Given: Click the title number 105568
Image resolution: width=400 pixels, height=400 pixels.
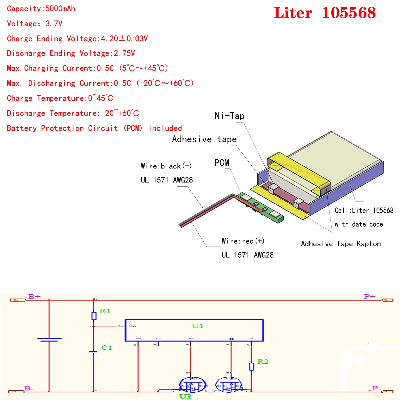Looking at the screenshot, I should pyautogui.click(x=349, y=13).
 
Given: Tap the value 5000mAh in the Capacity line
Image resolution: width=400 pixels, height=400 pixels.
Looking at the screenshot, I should pyautogui.click(x=60, y=9).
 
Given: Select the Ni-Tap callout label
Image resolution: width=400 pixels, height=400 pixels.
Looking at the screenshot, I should pyautogui.click(x=229, y=116).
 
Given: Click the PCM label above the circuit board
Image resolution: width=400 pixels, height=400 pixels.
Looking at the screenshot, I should pyautogui.click(x=222, y=163).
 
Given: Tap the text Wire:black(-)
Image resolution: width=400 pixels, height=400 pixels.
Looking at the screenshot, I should pyautogui.click(x=166, y=166).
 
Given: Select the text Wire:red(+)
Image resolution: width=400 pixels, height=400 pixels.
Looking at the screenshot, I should pyautogui.click(x=243, y=241).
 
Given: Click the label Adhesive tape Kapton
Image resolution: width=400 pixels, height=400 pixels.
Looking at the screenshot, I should pyautogui.click(x=341, y=244).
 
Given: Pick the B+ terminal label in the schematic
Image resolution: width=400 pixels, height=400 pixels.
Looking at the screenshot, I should pyautogui.click(x=34, y=296).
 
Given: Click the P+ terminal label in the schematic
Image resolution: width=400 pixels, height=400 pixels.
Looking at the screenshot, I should pyautogui.click(x=369, y=296).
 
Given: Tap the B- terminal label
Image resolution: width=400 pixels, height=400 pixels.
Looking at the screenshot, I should pyautogui.click(x=29, y=388).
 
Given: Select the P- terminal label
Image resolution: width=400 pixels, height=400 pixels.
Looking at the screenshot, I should pyautogui.click(x=376, y=388).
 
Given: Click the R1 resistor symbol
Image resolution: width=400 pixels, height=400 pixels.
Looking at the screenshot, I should pyautogui.click(x=94, y=316).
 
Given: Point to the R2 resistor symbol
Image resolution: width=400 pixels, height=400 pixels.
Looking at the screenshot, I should pyautogui.click(x=252, y=366).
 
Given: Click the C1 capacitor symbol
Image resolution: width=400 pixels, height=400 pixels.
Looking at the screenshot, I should pyautogui.click(x=94, y=352).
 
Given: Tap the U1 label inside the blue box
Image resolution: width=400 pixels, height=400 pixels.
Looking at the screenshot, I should pyautogui.click(x=197, y=326).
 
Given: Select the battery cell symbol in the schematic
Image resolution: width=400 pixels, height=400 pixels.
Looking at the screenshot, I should pyautogui.click(x=49, y=340).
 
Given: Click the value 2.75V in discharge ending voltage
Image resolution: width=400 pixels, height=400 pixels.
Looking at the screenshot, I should pyautogui.click(x=124, y=53).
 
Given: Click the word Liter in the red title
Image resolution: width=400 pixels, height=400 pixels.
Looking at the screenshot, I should pyautogui.click(x=293, y=13).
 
